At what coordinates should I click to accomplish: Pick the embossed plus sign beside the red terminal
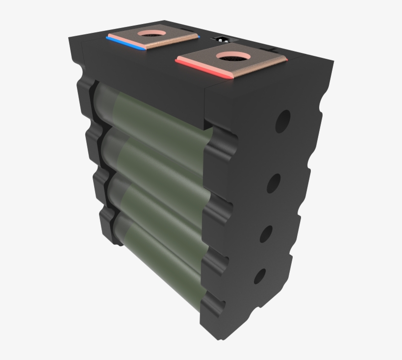(x=273, y=49)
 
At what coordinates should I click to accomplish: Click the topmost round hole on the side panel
(x=282, y=121)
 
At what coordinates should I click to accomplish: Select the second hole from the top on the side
(x=274, y=183)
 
